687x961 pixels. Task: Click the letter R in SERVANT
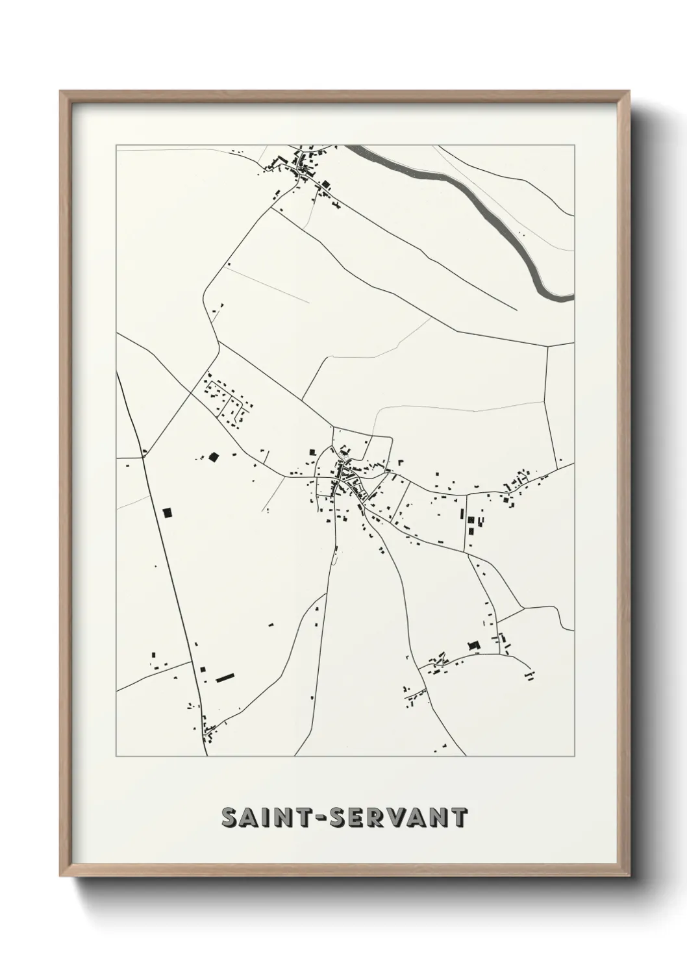click(x=377, y=818)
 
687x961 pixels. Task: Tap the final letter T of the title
click(x=458, y=818)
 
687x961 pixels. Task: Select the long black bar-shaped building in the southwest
click(x=225, y=678)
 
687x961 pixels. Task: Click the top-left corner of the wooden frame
click(x=61, y=92)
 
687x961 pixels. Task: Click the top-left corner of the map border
click(x=116, y=145)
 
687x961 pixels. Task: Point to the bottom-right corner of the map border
click(x=575, y=756)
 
